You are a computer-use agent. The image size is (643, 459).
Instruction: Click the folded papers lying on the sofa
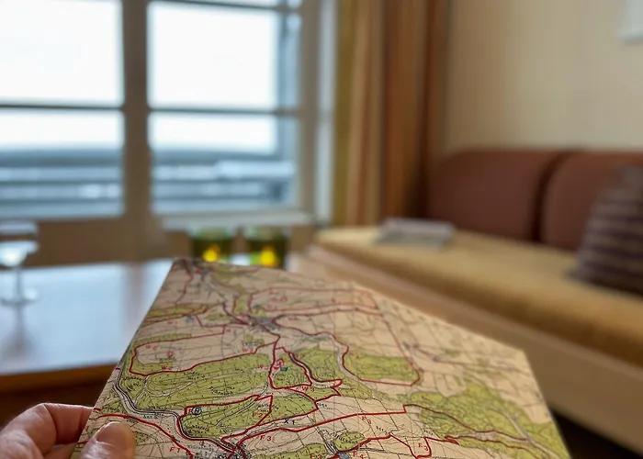coord(416,231)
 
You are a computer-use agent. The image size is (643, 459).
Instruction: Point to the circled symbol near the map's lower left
coord(195,410)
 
